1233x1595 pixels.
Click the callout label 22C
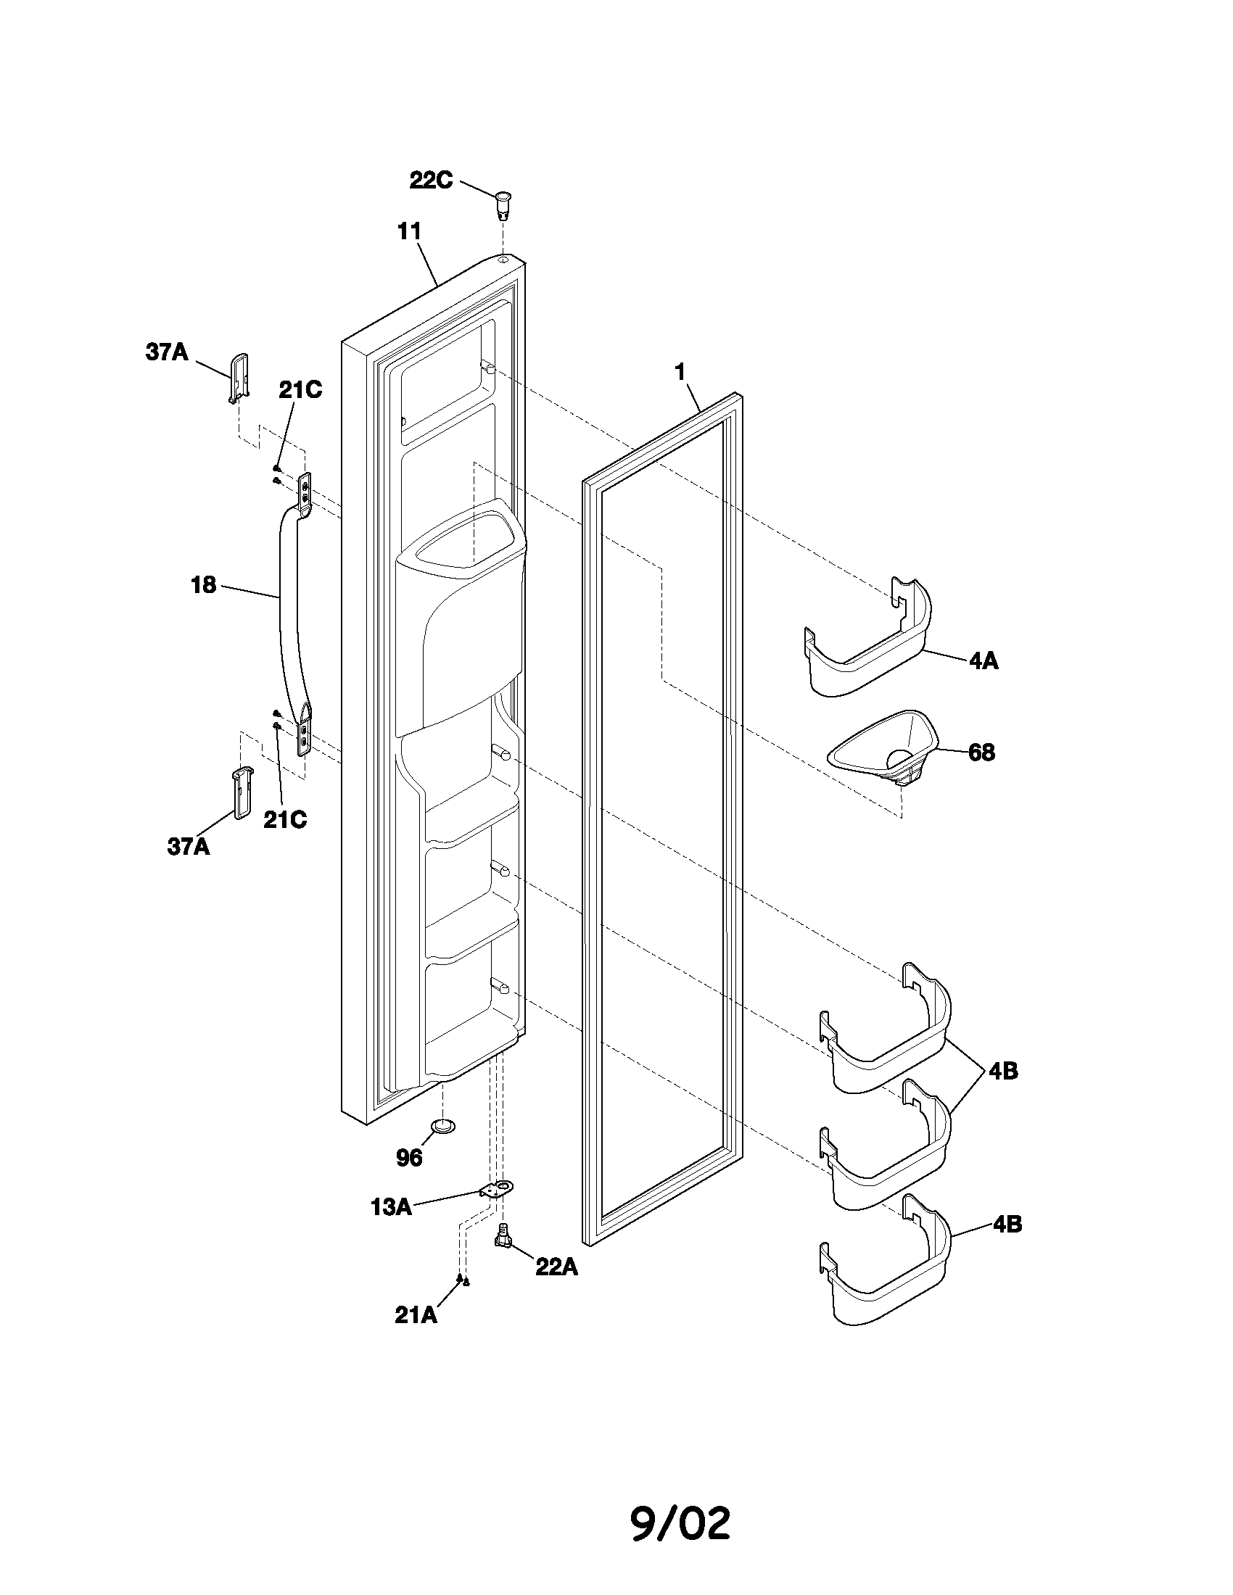coord(430,181)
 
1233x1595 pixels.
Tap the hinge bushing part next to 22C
coord(503,204)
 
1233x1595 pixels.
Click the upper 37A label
coord(167,353)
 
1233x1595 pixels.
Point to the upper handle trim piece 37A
coord(239,378)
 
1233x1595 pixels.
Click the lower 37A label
coord(188,846)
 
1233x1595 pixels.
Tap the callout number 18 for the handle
coord(204,585)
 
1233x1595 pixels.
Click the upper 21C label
coord(300,390)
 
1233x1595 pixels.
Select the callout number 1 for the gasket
coord(680,373)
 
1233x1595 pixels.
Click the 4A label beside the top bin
coord(983,661)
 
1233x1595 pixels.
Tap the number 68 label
coord(981,753)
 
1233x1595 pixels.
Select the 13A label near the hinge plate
coord(392,1207)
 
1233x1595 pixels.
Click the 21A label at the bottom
coord(416,1315)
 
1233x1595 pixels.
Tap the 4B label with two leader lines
coord(1003,1072)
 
